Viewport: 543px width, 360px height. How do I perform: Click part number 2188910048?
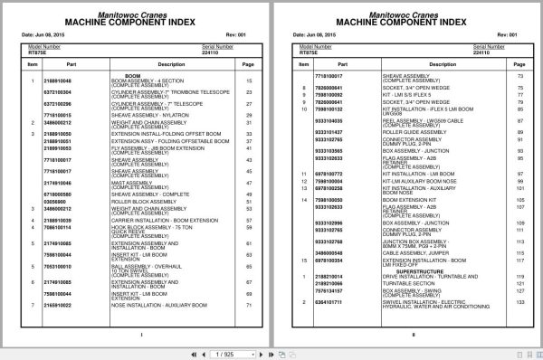pyautogui.click(x=70, y=81)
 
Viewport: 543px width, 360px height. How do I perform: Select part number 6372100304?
pyautogui.click(x=70, y=91)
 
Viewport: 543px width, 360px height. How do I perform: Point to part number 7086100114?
pyautogui.click(x=70, y=228)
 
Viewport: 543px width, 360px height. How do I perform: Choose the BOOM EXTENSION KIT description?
pyautogui.click(x=406, y=198)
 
